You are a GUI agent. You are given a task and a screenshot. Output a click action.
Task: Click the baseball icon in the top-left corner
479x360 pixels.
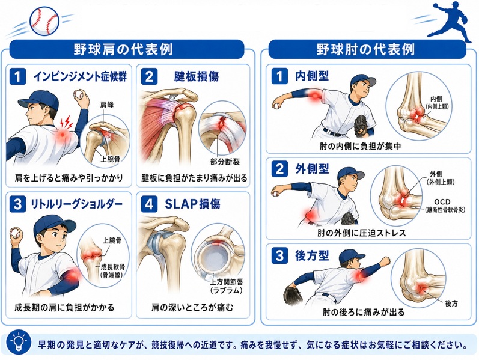[x=44, y=21]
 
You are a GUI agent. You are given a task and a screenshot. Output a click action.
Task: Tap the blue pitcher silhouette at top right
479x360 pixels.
[x=449, y=22]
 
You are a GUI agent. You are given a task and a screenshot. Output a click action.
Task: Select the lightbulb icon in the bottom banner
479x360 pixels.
[x=20, y=343]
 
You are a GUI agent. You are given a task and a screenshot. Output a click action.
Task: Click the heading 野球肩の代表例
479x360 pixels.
[x=123, y=49]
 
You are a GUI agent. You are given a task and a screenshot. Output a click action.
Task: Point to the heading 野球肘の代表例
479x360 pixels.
[x=365, y=49]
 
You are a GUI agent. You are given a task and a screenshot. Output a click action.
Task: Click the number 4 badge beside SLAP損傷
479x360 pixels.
[x=149, y=204]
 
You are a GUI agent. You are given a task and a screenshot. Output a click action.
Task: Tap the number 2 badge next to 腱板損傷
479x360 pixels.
[x=149, y=76]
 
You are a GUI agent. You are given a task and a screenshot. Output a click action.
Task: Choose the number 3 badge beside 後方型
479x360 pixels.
[x=279, y=255]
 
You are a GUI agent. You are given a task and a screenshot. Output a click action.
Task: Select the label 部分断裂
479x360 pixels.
[x=225, y=162]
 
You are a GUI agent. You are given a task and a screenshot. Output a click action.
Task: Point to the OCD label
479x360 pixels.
[x=442, y=202]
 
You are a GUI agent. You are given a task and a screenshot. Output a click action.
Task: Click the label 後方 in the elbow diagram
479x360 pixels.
[x=451, y=304]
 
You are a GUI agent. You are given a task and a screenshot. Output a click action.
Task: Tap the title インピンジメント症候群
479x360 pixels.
[x=80, y=76]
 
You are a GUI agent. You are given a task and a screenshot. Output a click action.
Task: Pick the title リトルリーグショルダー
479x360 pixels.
[x=77, y=204]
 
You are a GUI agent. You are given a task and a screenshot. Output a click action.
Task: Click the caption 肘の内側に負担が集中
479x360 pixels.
[x=361, y=147]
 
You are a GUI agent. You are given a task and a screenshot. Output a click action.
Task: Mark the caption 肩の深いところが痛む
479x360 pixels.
[x=192, y=307]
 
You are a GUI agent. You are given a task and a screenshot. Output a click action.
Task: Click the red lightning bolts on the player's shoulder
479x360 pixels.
[x=67, y=122]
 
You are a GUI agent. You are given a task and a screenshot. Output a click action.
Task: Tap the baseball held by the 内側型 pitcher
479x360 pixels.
[x=276, y=106]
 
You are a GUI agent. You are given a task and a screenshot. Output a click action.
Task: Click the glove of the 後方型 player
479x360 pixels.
[x=293, y=294]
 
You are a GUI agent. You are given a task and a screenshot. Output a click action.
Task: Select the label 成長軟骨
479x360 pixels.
[x=113, y=267]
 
